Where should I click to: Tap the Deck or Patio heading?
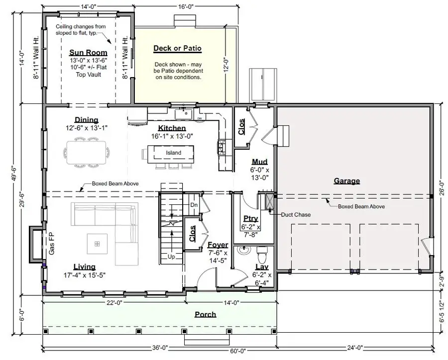[x=177, y=48]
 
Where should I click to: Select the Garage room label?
[x=346, y=181]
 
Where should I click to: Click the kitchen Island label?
[x=174, y=153]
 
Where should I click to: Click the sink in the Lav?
[x=243, y=250]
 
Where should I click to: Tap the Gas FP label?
[x=51, y=244]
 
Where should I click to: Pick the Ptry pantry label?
[x=250, y=219]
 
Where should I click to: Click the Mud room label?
[x=259, y=162]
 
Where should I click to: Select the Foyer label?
[x=218, y=245]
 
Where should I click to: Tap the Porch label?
[x=205, y=314]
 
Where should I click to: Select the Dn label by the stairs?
[x=194, y=205]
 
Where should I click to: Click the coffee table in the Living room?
[x=97, y=244]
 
